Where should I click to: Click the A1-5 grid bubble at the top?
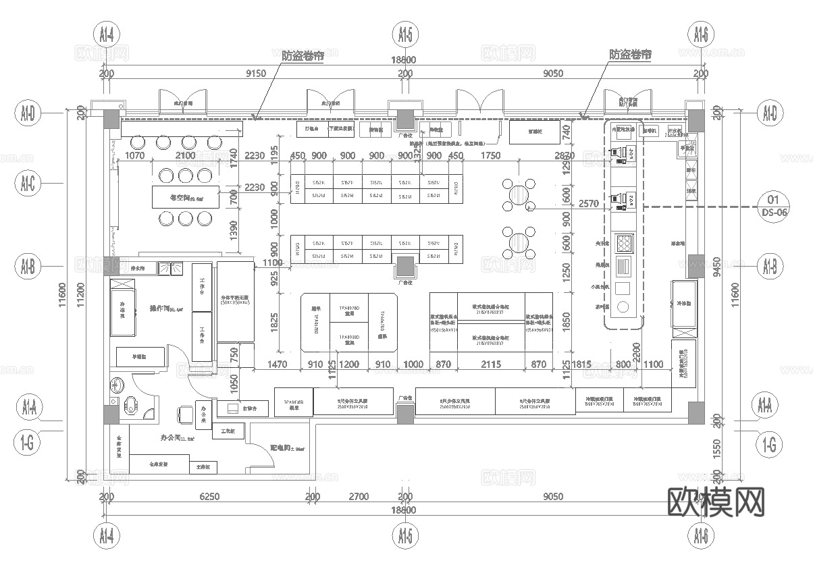coord(404,33)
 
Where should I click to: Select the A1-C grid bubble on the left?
coord(28,182)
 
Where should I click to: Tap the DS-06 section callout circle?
coord(773,206)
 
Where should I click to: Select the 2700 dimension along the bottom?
coord(358,497)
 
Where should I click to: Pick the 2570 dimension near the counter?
coord(589,203)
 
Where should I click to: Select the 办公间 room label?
coord(174,438)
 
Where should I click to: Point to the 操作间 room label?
coord(162,309)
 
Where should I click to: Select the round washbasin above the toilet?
coord(117,385)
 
